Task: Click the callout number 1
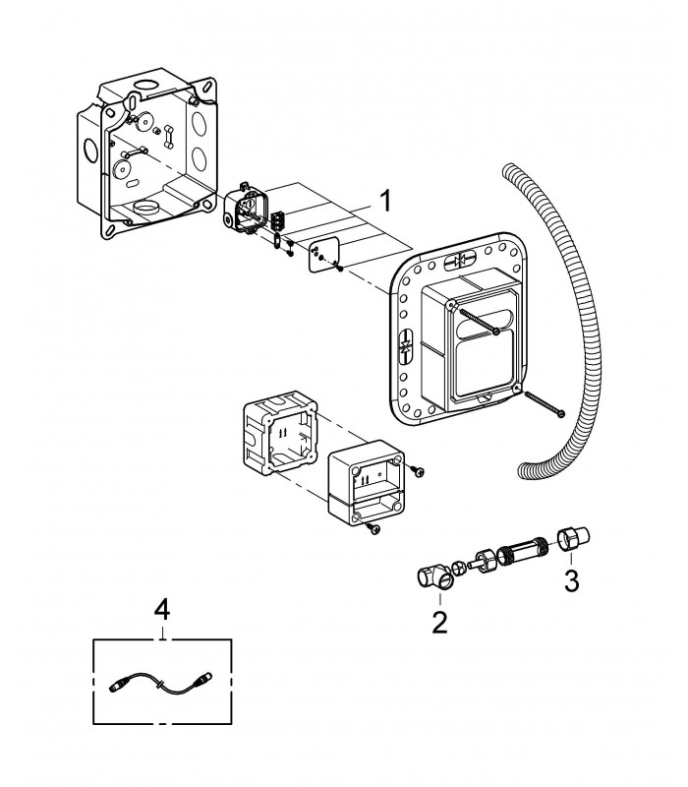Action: pyautogui.click(x=385, y=202)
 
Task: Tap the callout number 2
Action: pyautogui.click(x=439, y=623)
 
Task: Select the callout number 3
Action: pyautogui.click(x=571, y=580)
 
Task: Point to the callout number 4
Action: pyautogui.click(x=162, y=611)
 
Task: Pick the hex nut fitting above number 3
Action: pyautogui.click(x=574, y=538)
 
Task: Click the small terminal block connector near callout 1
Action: pyautogui.click(x=277, y=221)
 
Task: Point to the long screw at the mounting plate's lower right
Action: pyautogui.click(x=545, y=404)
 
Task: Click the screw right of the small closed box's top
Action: pyautogui.click(x=417, y=470)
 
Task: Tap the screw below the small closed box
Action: pyautogui.click(x=373, y=528)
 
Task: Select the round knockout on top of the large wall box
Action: pyautogui.click(x=147, y=86)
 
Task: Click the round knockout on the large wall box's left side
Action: pyautogui.click(x=90, y=150)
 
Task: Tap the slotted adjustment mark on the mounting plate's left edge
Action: pyautogui.click(x=405, y=347)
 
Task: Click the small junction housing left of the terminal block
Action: pyautogui.click(x=246, y=211)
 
